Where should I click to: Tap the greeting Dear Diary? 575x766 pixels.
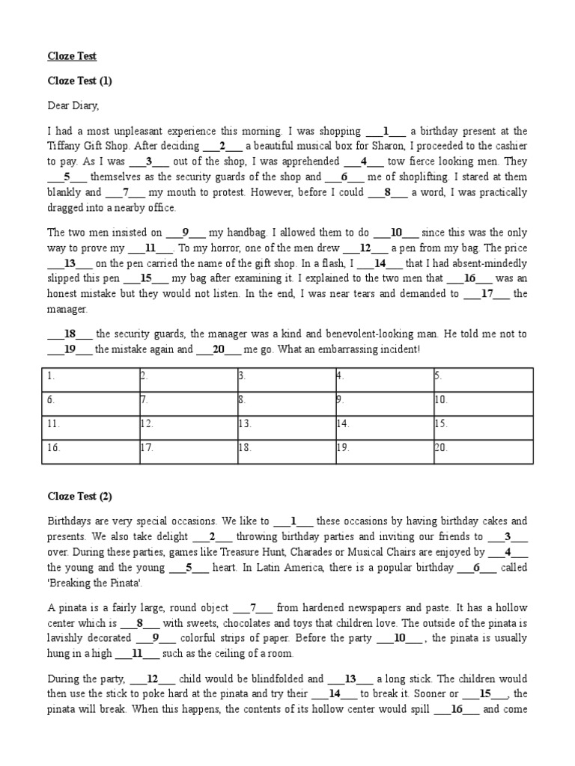pyautogui.click(x=73, y=105)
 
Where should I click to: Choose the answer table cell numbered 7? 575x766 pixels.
pyautogui.click(x=186, y=400)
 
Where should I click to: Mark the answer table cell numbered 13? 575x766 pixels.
pyautogui.click(x=285, y=423)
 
